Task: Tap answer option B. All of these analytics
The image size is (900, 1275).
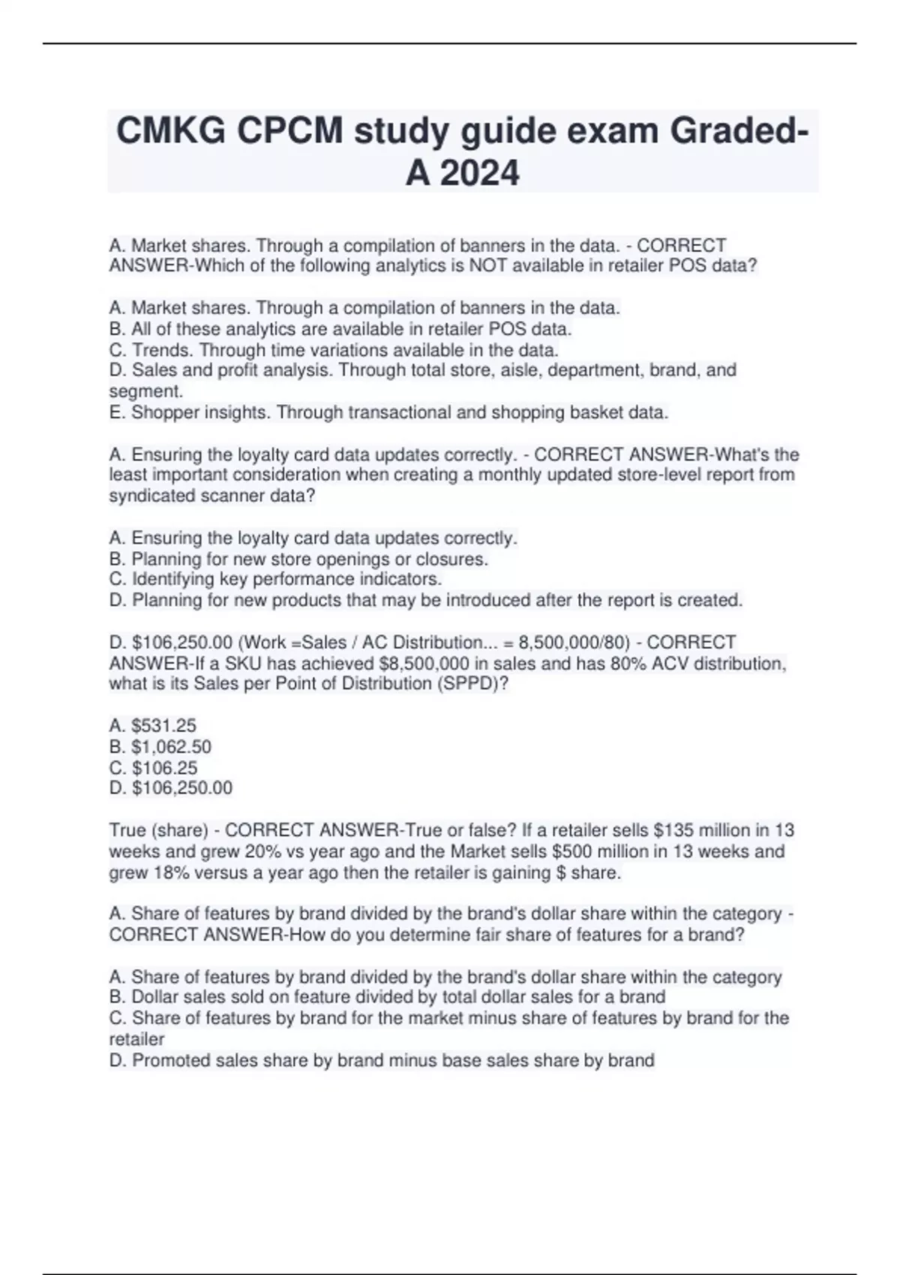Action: coord(340,328)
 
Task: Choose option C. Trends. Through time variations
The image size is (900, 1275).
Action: coord(334,349)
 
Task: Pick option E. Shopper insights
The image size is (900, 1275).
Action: coord(388,412)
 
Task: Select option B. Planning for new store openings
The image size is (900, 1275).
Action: coord(298,559)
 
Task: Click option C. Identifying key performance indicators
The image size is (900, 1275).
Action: coord(275,579)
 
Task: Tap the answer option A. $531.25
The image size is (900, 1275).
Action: coord(153,725)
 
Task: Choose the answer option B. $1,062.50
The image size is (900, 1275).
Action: coord(160,746)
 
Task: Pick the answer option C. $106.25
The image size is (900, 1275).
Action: coord(154,767)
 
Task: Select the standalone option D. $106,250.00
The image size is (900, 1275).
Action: coord(171,787)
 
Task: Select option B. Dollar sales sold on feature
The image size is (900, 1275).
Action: coord(387,997)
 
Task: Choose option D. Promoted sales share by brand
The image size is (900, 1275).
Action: coord(382,1060)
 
